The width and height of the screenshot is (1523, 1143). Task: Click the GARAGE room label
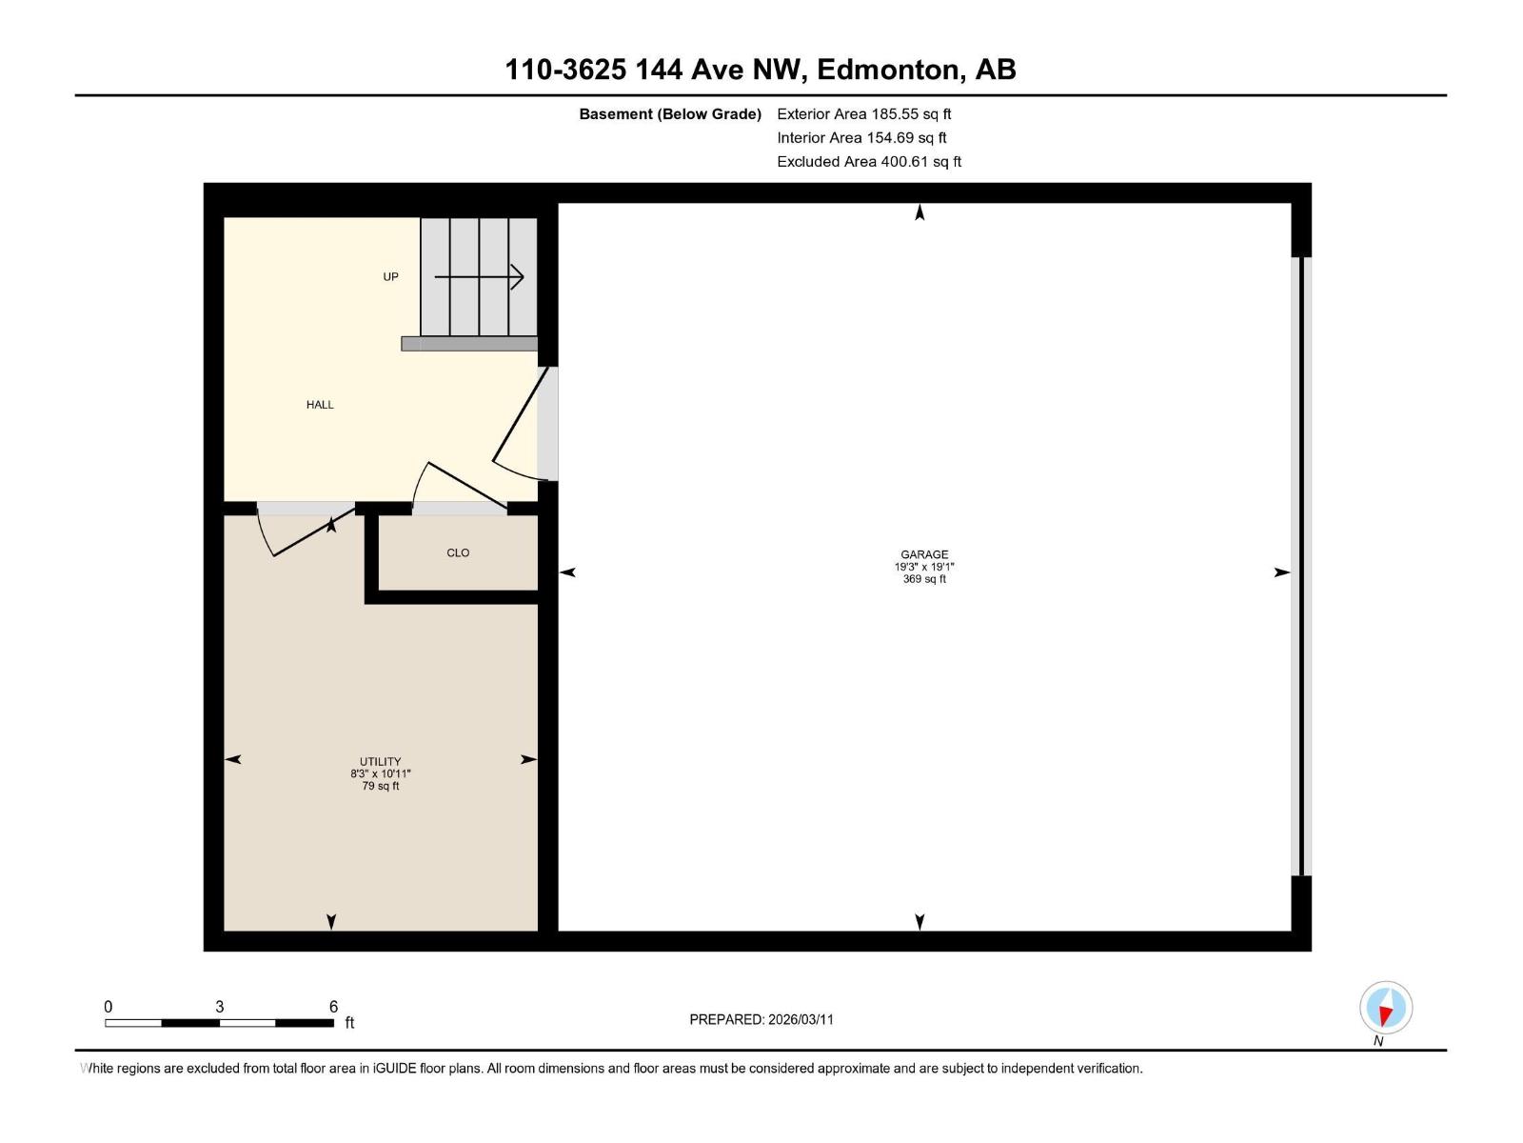point(924,554)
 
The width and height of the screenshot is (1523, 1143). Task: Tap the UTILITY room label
point(380,762)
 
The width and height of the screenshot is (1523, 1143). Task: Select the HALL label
point(320,405)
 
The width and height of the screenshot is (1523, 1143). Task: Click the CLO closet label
point(458,552)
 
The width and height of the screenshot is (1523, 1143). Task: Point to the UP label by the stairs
point(390,277)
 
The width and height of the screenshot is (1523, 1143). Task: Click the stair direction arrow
point(479,277)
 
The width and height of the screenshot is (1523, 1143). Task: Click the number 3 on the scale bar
point(220,1007)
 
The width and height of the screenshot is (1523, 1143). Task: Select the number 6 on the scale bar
point(333,1007)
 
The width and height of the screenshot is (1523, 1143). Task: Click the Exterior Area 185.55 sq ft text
point(863,114)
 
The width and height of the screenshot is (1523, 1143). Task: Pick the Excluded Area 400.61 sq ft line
point(868,162)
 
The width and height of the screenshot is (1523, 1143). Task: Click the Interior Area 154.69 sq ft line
point(861,138)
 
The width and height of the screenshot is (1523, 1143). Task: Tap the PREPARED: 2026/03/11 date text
point(761,1019)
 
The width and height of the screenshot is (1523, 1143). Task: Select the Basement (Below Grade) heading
point(670,114)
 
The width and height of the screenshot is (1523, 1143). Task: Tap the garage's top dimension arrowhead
point(920,213)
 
